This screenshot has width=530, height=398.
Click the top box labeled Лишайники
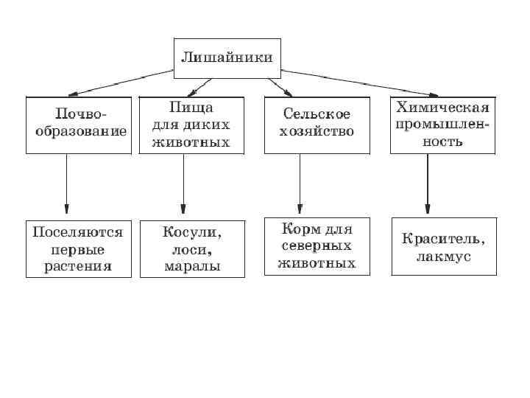tap(227, 57)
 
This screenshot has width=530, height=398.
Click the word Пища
tap(191, 108)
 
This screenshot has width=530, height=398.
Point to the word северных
tap(319, 245)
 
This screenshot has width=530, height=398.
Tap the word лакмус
tap(443, 257)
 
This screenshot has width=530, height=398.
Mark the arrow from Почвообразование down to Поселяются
tap(67, 184)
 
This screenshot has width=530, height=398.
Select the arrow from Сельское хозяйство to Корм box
tap(300, 184)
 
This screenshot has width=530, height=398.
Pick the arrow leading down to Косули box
tap(183, 184)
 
